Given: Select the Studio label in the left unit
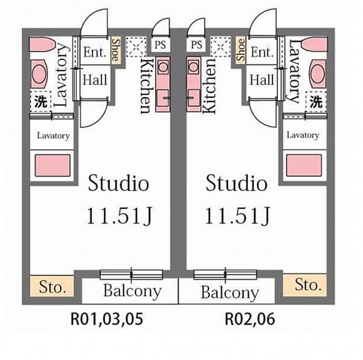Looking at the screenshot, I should point(119,183).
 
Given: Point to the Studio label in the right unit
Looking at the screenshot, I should point(237,183).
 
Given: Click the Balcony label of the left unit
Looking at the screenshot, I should point(132,291).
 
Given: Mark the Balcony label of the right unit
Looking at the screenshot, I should point(229,293).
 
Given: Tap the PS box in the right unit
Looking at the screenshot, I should point(197,44).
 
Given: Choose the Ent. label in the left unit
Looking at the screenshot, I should point(95,52).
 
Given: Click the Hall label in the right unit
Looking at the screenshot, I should point(262,80).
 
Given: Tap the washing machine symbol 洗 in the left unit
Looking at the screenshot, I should point(40,102).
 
